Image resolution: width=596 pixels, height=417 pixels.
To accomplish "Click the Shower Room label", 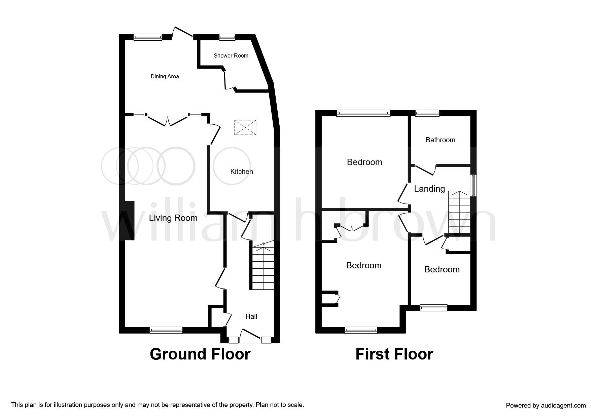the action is click(x=231, y=55).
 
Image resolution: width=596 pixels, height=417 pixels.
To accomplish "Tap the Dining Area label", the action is click(x=165, y=77).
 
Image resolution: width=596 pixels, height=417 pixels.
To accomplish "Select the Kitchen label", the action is click(x=241, y=172).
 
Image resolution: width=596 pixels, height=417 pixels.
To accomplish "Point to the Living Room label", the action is click(x=173, y=218).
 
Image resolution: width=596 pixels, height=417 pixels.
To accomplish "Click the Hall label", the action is click(x=251, y=316).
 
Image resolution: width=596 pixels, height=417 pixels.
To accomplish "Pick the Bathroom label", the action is click(x=440, y=140).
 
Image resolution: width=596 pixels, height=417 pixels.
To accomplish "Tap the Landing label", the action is click(x=429, y=189).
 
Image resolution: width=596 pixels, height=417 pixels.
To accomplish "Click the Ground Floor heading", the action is click(x=200, y=354).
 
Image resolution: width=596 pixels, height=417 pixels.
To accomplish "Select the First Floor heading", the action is click(x=394, y=354).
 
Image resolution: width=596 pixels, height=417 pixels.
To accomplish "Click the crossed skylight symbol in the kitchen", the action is click(x=245, y=127).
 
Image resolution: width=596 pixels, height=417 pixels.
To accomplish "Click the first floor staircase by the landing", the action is click(x=458, y=213).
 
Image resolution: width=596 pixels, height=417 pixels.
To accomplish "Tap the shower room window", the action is click(x=227, y=37).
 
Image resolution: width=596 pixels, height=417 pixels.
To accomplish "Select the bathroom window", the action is click(x=427, y=113).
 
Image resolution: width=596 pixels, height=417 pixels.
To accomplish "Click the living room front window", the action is click(x=166, y=330).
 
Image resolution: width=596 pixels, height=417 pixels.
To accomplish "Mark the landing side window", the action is click(x=473, y=185).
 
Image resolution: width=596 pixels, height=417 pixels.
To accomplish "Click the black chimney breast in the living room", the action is click(x=130, y=221).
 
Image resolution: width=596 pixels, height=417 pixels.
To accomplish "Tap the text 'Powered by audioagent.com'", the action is click(x=546, y=405).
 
